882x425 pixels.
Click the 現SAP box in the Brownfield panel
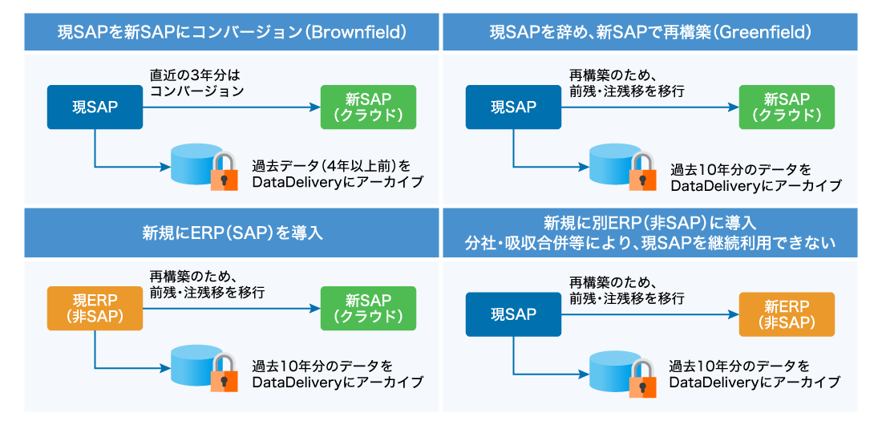pyautogui.click(x=95, y=107)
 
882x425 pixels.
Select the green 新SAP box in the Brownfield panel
pyautogui.click(x=368, y=107)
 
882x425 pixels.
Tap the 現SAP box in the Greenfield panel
pyautogui.click(x=513, y=107)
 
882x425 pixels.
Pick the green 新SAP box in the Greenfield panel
pyautogui.click(x=787, y=107)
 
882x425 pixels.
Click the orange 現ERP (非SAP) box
pyautogui.click(x=95, y=308)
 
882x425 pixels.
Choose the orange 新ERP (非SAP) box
pyautogui.click(x=787, y=314)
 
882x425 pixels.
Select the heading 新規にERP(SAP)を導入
pyautogui.click(x=232, y=233)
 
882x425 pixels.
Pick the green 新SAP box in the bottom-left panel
pyautogui.click(x=368, y=308)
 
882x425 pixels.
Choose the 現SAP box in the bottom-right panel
pyautogui.click(x=513, y=314)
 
